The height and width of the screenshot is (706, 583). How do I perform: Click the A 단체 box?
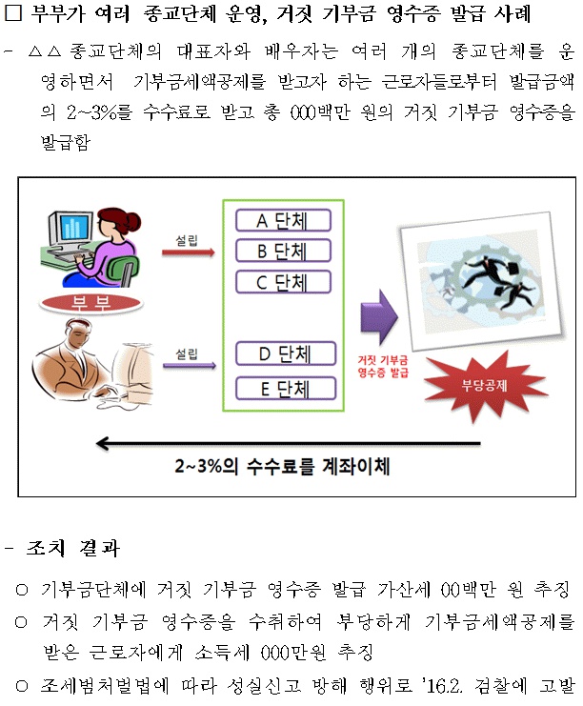[x=283, y=221]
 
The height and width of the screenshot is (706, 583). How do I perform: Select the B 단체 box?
[x=283, y=252]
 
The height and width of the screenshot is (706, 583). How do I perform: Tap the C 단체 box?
[x=283, y=282]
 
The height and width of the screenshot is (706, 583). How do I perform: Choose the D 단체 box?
[x=286, y=353]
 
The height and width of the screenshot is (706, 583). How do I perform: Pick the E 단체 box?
[x=286, y=389]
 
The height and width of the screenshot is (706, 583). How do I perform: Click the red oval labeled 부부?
[x=90, y=304]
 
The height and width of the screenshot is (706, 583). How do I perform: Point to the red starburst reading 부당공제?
[x=485, y=386]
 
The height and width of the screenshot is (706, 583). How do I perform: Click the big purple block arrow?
[x=379, y=317]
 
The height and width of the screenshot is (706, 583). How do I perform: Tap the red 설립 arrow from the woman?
[x=189, y=252]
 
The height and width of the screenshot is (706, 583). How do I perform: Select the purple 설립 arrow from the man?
[x=189, y=366]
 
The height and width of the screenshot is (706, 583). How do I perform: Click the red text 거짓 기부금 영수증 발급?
[x=383, y=366]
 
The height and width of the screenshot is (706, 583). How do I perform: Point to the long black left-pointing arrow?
[x=288, y=443]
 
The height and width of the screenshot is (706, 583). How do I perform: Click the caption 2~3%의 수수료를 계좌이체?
[x=282, y=466]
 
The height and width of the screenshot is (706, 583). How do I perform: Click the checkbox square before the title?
[x=13, y=12]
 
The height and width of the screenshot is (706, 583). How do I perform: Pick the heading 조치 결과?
[x=73, y=549]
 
